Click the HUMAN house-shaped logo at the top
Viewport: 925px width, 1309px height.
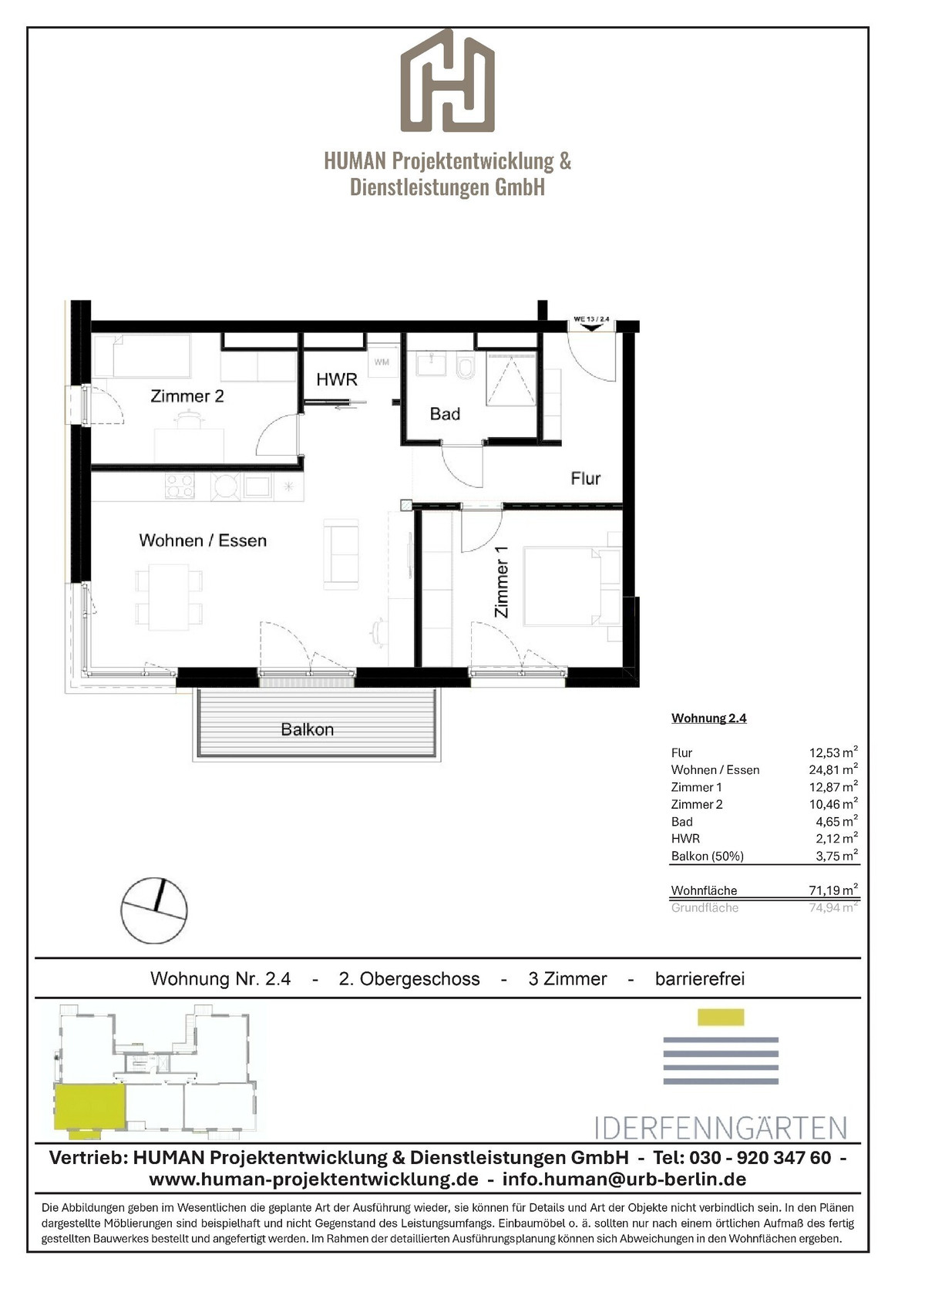[x=447, y=80]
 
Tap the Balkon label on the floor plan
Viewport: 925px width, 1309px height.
[x=308, y=729]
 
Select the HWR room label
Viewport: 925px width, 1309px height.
[x=337, y=379]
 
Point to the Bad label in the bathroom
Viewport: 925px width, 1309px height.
[x=445, y=414]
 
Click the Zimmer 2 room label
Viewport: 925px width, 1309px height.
[x=187, y=396]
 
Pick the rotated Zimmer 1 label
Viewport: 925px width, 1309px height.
[x=501, y=581]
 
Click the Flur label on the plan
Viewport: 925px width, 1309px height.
[x=586, y=479]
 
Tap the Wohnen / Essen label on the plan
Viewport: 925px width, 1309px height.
[x=203, y=540]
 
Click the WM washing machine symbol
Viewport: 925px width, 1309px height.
[x=382, y=362]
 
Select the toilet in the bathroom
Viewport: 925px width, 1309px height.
[x=466, y=366]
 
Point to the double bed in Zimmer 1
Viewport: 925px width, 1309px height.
[x=571, y=586]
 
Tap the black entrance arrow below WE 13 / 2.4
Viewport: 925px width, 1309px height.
[x=592, y=327]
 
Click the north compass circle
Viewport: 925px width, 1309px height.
[x=154, y=910]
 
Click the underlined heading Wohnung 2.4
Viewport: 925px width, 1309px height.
[x=709, y=718]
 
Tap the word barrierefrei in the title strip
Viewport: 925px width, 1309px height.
[x=700, y=979]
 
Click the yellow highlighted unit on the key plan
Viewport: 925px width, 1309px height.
[x=89, y=1107]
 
